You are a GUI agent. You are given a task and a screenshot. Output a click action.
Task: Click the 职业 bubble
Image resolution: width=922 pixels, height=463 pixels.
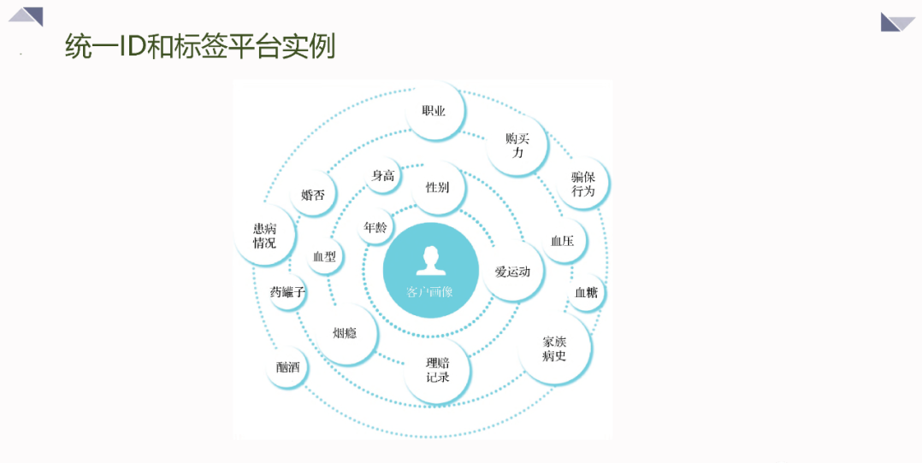(x=434, y=110)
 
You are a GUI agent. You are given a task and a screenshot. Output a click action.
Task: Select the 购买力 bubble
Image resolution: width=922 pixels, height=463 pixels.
(x=517, y=145)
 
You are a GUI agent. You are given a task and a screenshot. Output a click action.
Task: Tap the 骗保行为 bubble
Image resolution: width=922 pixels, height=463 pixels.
(x=582, y=184)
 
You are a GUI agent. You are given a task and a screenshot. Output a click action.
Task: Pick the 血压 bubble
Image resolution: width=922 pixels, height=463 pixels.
(x=563, y=241)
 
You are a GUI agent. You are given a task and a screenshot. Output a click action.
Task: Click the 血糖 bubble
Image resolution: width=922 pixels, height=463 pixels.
(x=586, y=292)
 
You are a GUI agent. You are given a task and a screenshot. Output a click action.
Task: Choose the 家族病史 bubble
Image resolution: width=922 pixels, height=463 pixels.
(x=554, y=349)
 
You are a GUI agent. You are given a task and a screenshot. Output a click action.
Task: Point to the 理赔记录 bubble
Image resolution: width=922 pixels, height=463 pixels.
(x=438, y=370)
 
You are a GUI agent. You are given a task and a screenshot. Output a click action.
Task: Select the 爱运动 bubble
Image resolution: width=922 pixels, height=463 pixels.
(x=513, y=271)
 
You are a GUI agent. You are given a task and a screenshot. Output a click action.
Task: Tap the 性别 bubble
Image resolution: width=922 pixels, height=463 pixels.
(x=438, y=187)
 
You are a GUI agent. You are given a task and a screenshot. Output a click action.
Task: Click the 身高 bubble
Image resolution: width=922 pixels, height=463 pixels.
(x=383, y=175)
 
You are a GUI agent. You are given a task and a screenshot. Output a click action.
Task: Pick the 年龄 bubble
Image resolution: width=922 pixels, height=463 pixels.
(x=375, y=226)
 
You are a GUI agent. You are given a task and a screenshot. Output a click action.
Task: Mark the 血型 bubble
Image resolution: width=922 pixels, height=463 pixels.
(x=325, y=256)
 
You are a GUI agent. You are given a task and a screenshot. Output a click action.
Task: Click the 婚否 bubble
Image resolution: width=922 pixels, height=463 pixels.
(x=313, y=195)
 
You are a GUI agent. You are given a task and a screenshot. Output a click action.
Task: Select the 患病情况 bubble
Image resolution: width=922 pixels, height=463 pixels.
(x=265, y=235)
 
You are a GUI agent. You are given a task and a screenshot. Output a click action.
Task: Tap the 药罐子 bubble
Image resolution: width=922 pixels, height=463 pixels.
(x=287, y=291)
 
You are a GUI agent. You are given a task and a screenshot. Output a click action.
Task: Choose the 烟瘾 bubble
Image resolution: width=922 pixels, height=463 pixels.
(x=346, y=333)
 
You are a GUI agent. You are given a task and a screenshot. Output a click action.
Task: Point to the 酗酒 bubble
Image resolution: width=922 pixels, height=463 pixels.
(x=287, y=367)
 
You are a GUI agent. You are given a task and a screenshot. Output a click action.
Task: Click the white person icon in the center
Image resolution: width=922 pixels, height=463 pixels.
(x=431, y=261)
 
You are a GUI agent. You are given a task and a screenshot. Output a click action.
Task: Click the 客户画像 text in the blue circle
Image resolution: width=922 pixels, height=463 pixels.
(x=430, y=291)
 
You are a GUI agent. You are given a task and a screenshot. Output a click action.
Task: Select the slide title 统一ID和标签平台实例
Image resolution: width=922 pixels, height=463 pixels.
(x=200, y=46)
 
